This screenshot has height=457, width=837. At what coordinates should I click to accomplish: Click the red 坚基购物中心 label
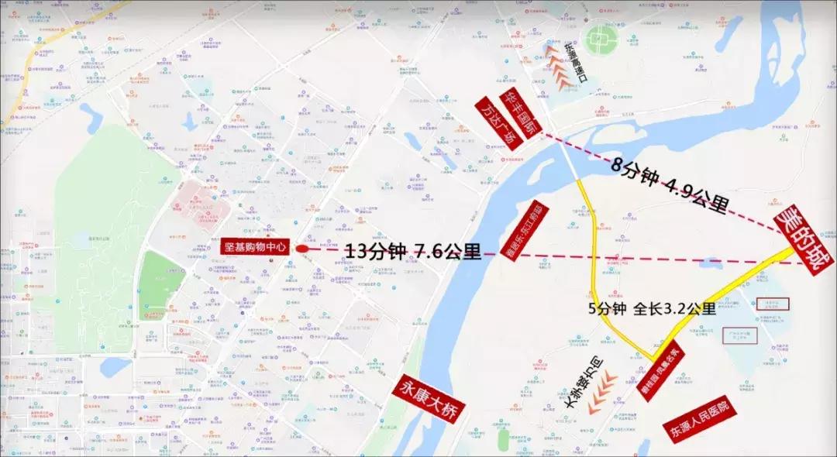254,247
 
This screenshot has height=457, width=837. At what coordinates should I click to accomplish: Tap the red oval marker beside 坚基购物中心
301,249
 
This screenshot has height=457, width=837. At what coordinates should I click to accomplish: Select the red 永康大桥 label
427,396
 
